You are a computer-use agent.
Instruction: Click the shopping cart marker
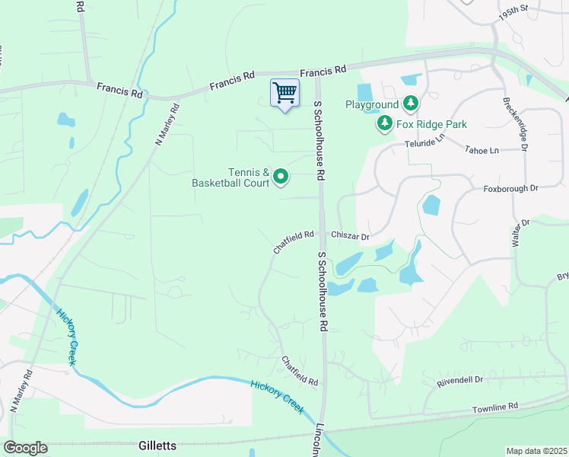(x=285, y=94)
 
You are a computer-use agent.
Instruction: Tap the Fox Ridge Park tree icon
(x=385, y=123)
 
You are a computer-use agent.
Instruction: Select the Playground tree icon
(x=411, y=103)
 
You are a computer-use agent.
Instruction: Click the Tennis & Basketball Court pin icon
(x=281, y=177)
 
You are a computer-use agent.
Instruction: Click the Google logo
(x=25, y=448)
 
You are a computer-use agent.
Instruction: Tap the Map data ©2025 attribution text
(x=536, y=451)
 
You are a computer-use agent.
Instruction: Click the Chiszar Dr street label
(x=349, y=236)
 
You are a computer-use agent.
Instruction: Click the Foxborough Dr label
(x=511, y=187)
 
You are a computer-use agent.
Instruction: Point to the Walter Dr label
(x=520, y=235)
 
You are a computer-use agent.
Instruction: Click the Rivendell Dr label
(x=460, y=379)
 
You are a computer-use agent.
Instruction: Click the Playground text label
(x=372, y=104)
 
